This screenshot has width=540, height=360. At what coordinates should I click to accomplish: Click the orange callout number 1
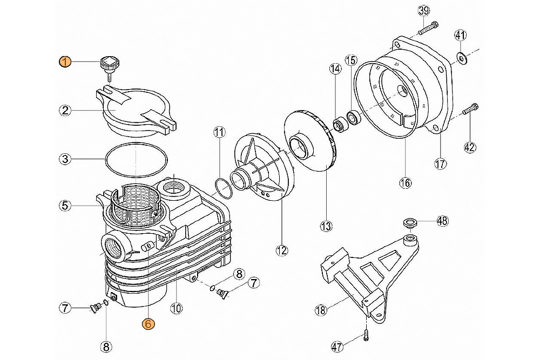(65, 62)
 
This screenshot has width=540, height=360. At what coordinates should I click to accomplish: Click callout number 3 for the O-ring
(65, 159)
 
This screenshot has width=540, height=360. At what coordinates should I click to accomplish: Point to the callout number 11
(218, 132)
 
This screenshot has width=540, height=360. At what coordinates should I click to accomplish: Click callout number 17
(441, 162)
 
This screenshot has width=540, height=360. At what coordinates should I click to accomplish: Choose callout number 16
(405, 182)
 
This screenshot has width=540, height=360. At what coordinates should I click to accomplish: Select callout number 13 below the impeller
(326, 226)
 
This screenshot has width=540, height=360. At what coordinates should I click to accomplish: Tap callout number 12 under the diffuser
(281, 250)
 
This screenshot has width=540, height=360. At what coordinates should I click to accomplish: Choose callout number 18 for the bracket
(321, 310)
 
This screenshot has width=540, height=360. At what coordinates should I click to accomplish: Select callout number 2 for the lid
(65, 111)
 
